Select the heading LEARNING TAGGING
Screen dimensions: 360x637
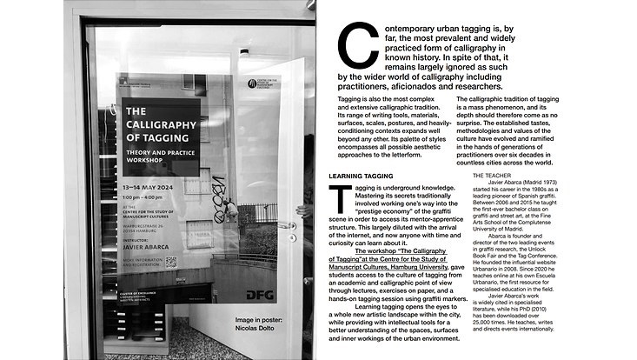tap(361, 176)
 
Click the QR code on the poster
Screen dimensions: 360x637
tap(171, 261)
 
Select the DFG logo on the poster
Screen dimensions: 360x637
tap(260, 295)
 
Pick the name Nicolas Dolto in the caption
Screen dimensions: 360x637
tap(251, 329)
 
